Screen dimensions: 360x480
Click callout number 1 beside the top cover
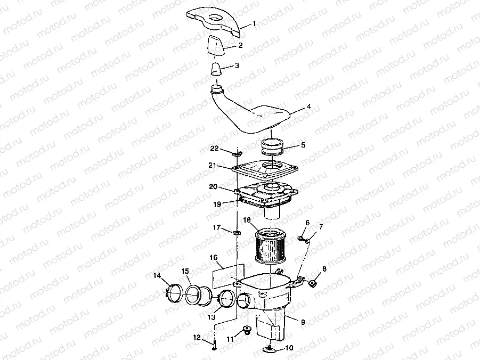[x=254, y=23]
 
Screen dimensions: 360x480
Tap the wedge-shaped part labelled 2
[x=217, y=47]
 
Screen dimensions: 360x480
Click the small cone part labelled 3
[x=216, y=70]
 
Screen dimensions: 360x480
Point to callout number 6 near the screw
[x=307, y=223]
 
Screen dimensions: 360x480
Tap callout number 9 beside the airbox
[x=303, y=322]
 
